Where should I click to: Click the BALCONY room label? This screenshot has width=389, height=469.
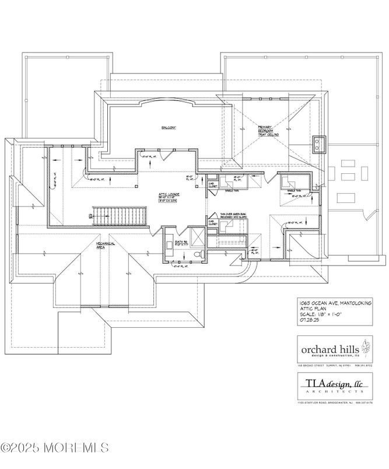click(x=169, y=127)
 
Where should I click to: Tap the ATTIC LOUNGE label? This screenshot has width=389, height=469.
click(x=169, y=195)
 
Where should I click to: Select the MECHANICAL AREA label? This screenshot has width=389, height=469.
click(x=106, y=246)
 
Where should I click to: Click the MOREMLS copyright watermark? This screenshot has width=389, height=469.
click(x=55, y=448)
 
